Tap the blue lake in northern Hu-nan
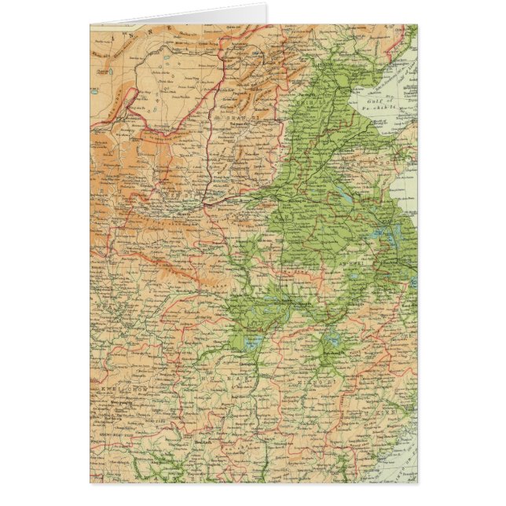251,343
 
